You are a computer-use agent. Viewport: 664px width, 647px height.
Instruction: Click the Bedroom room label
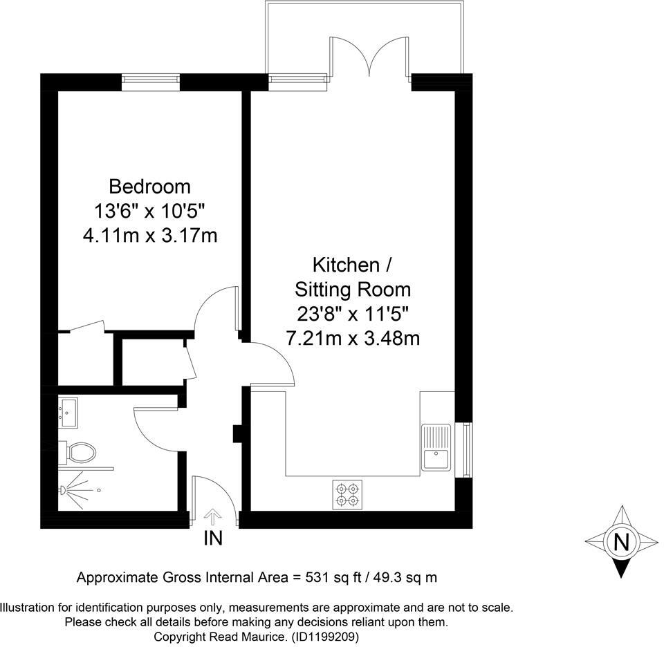149,186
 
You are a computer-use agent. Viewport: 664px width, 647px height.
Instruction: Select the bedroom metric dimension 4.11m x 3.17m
149,236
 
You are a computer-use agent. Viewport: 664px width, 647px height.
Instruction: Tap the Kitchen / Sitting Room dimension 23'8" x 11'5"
353,314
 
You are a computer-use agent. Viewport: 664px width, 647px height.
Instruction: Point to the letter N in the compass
622,541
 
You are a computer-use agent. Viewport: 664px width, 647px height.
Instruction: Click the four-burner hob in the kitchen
347,494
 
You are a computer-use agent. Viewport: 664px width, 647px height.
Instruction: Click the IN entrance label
213,538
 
